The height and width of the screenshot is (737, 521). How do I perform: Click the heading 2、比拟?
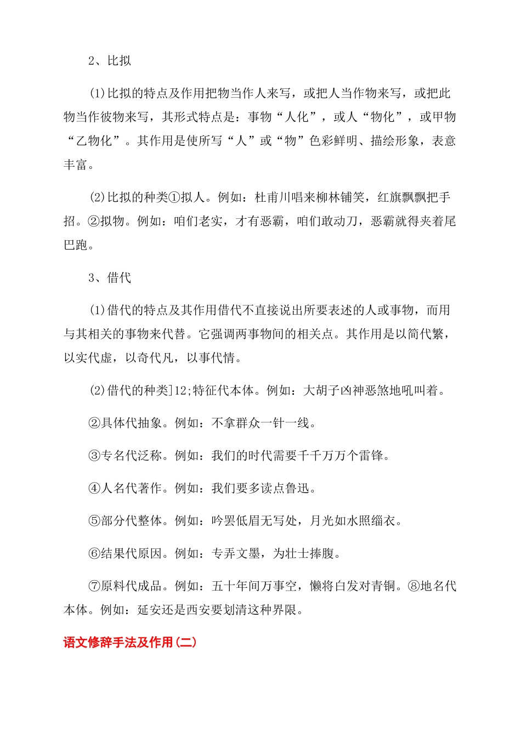[110, 61]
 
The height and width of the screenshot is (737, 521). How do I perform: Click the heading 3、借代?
[110, 278]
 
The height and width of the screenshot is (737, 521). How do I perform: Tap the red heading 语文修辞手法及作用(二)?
[130, 642]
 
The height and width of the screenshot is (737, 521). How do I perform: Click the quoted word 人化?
[297, 117]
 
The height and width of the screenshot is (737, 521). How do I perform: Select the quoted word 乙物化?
[94, 141]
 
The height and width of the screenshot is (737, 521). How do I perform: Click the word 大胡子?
[321, 390]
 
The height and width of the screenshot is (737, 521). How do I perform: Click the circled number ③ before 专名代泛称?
[94, 456]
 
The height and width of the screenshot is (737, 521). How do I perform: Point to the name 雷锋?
[371, 456]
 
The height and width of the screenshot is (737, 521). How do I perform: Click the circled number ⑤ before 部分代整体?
[94, 521]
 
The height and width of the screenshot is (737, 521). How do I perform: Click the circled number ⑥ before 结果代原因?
[94, 554]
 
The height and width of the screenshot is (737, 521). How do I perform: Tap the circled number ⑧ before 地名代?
[414, 586]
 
